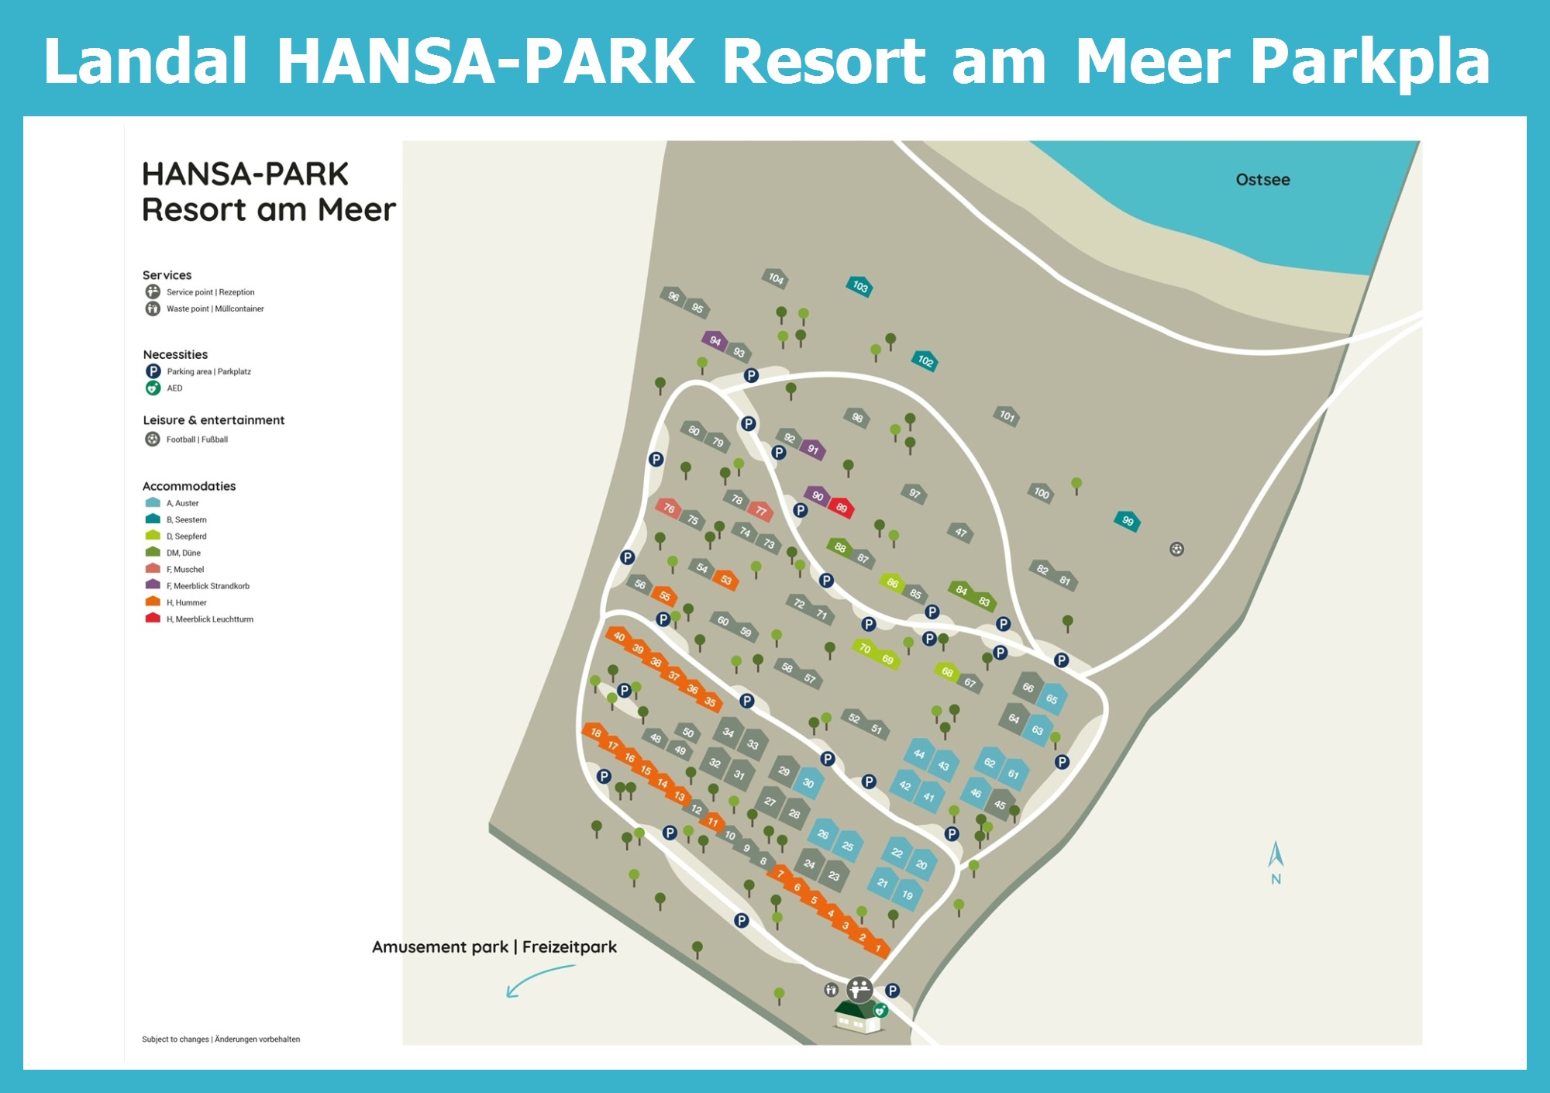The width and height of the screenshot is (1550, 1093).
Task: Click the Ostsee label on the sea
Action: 1262,180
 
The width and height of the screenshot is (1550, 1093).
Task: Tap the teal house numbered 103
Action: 859,286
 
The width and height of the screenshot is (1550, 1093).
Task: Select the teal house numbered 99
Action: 1128,521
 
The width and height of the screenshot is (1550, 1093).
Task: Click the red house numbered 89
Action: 842,508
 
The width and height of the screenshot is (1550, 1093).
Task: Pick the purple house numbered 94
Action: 715,340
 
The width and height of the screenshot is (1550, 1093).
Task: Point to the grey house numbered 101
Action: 1007,415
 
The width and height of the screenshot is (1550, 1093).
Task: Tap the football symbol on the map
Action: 1176,550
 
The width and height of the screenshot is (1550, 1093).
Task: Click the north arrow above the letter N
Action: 1276,854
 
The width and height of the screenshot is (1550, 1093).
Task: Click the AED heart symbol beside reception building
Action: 880,1010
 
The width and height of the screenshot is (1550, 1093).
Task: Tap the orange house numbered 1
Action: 878,948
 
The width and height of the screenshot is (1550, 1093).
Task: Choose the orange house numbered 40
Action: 618,636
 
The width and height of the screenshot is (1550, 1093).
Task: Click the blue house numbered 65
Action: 1052,699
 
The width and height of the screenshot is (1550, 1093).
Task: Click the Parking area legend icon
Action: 153,371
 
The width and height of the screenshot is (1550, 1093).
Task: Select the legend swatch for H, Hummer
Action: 153,602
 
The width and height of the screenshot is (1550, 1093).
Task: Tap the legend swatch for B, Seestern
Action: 153,519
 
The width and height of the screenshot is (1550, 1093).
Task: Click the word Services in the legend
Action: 167,275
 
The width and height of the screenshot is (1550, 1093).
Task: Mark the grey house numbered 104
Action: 776,278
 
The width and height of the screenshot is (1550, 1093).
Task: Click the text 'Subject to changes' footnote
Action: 175,1040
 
